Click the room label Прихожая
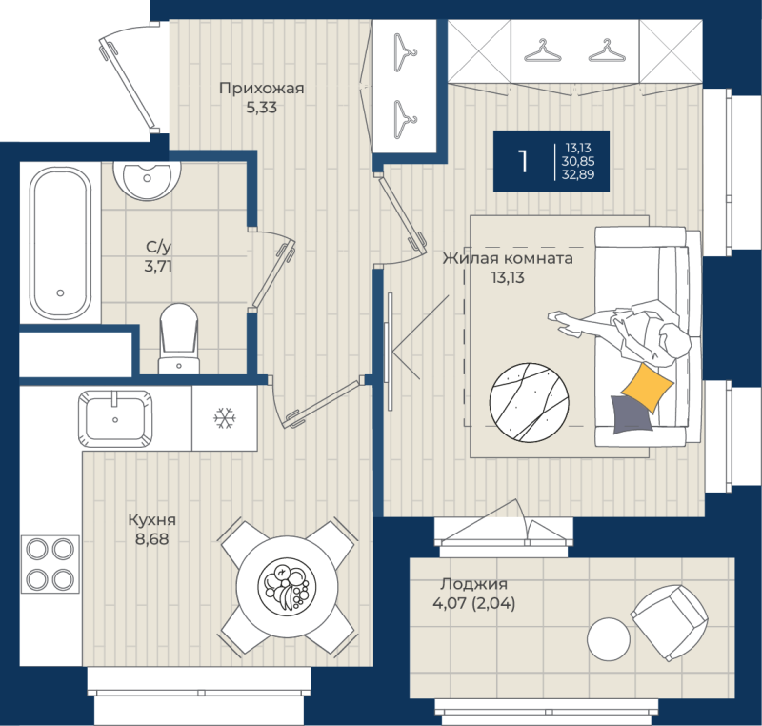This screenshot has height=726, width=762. (261, 89)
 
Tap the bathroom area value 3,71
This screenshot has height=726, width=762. (158, 267)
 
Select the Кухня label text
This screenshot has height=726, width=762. (151, 520)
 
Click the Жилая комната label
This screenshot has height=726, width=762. (508, 258)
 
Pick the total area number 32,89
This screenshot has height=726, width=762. (578, 174)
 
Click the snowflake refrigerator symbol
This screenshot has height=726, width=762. (225, 418)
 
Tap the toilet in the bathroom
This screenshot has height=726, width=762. (179, 339)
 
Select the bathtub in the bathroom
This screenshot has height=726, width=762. (60, 243)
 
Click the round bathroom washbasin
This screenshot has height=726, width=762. (147, 178)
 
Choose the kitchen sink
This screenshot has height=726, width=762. (115, 418)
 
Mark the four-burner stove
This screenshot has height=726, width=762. (50, 564)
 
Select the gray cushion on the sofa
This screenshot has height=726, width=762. (630, 415)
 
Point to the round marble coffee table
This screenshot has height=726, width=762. (530, 402)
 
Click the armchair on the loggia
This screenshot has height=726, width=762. (670, 622)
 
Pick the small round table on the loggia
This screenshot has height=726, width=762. (609, 639)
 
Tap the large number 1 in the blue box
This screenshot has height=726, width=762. (523, 161)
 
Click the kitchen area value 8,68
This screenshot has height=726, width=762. (151, 539)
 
